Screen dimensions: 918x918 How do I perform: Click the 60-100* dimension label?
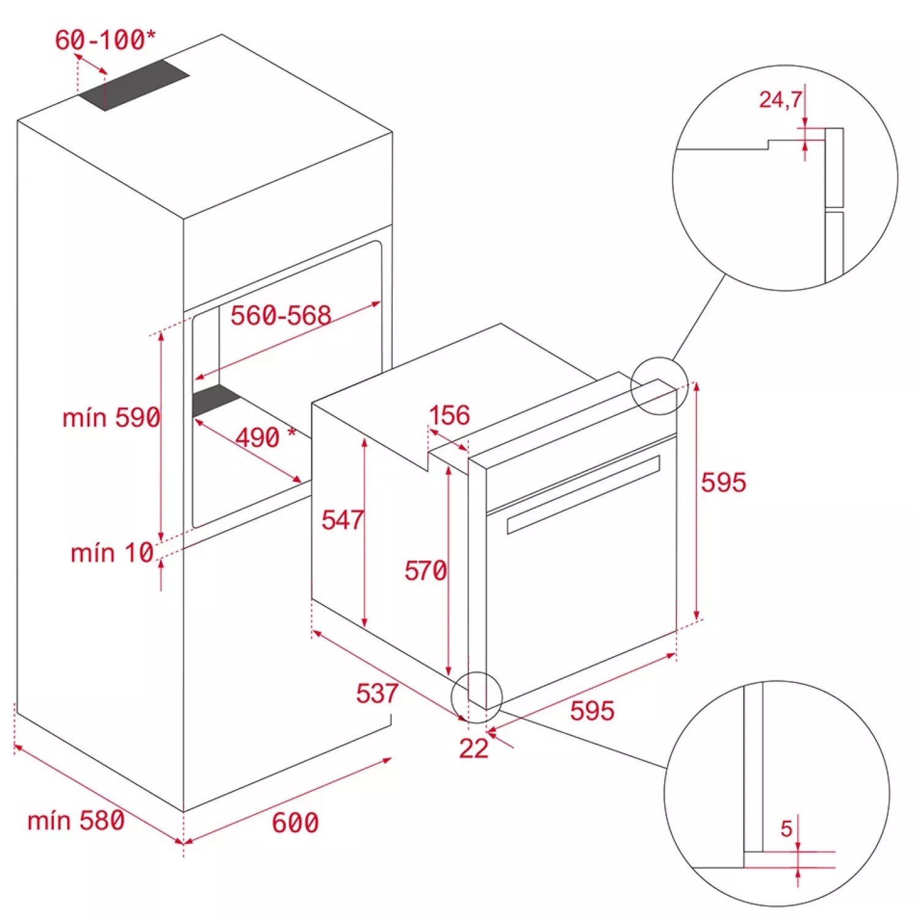pyautogui.click(x=105, y=40)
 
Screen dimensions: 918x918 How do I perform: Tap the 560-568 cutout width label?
pyautogui.click(x=281, y=316)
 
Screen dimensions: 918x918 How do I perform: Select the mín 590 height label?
pyautogui.click(x=111, y=418)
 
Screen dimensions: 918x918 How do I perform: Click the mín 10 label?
pyautogui.click(x=112, y=553)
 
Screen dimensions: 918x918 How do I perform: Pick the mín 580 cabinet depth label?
pyautogui.click(x=76, y=821)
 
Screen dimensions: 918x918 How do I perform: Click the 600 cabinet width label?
pyautogui.click(x=295, y=823)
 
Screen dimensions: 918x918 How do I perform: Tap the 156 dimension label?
pyautogui.click(x=450, y=416)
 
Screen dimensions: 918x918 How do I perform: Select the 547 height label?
pyautogui.click(x=343, y=520)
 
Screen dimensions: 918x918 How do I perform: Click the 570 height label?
pyautogui.click(x=426, y=571)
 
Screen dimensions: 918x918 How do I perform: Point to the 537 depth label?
pyautogui.click(x=377, y=693)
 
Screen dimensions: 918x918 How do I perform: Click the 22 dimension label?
pyautogui.click(x=474, y=748)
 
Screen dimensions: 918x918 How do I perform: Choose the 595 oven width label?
pyautogui.click(x=592, y=711)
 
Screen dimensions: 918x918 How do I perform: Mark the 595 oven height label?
pyautogui.click(x=723, y=483)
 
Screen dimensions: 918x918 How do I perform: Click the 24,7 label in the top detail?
pyautogui.click(x=780, y=100)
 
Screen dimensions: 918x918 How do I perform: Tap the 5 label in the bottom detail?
pyautogui.click(x=787, y=829)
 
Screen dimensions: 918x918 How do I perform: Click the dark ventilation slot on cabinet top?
pyautogui.click(x=134, y=84)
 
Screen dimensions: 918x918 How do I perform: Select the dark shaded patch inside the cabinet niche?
pyautogui.click(x=215, y=401)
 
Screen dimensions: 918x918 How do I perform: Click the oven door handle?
pyautogui.click(x=583, y=494)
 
